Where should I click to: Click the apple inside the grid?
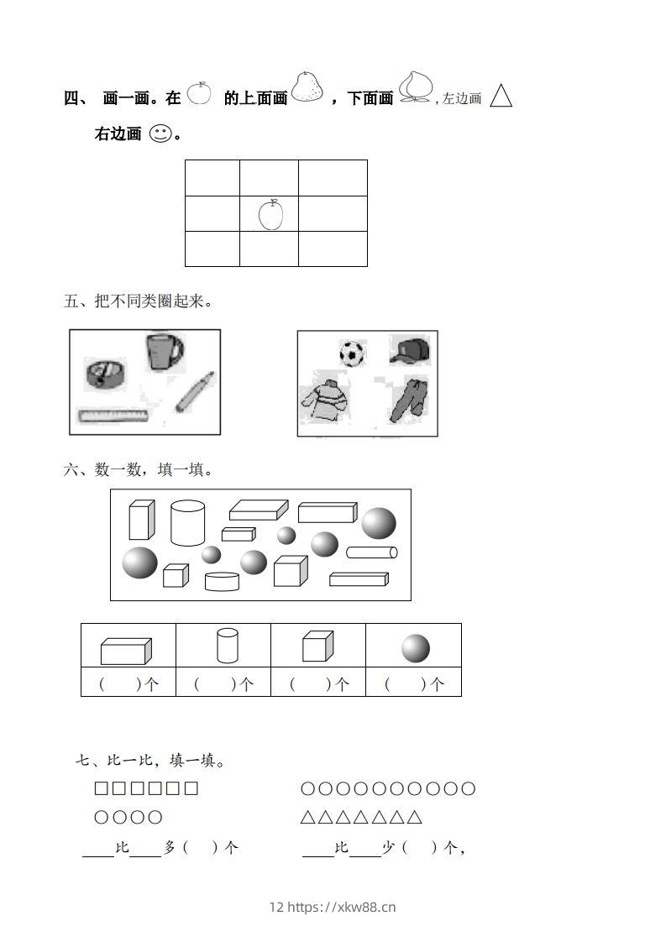click(x=270, y=214)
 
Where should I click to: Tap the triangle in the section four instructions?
click(x=501, y=96)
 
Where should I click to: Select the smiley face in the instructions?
click(x=160, y=133)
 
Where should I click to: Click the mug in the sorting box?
click(x=165, y=351)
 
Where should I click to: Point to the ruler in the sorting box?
click(x=113, y=415)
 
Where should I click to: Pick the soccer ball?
click(x=353, y=353)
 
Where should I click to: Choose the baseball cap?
click(x=410, y=350)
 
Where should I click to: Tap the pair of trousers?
click(x=409, y=400)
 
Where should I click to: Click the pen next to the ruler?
click(x=194, y=392)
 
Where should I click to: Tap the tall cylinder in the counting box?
click(x=187, y=522)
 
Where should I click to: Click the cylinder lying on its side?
click(x=371, y=552)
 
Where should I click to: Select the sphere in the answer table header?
click(x=415, y=648)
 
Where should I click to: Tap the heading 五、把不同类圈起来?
click(x=138, y=301)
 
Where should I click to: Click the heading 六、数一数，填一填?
click(x=138, y=469)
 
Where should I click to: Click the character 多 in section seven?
click(x=170, y=848)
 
